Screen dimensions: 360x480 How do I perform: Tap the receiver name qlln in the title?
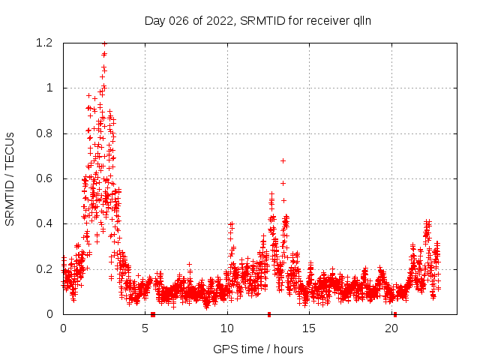pyautogui.click(x=359, y=21)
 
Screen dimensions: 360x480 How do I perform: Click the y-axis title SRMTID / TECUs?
pyautogui.click(x=10, y=178)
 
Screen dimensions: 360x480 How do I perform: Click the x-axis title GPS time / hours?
pyautogui.click(x=258, y=349)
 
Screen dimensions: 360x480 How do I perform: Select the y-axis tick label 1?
pyautogui.click(x=51, y=88)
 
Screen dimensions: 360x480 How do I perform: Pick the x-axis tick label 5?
pyautogui.click(x=145, y=328)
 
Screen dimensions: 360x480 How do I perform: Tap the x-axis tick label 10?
pyautogui.click(x=227, y=328)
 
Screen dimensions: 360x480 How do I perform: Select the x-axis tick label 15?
pyautogui.click(x=309, y=328)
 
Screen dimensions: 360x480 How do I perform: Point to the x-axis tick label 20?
pyautogui.click(x=391, y=328)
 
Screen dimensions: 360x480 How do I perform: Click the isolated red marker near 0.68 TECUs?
pyautogui.click(x=283, y=160)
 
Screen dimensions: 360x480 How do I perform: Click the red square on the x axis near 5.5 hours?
pyautogui.click(x=153, y=314)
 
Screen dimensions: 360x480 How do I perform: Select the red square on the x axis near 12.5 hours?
pyautogui.click(x=269, y=314)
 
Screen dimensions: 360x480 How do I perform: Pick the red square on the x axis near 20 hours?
pyautogui.click(x=395, y=314)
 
